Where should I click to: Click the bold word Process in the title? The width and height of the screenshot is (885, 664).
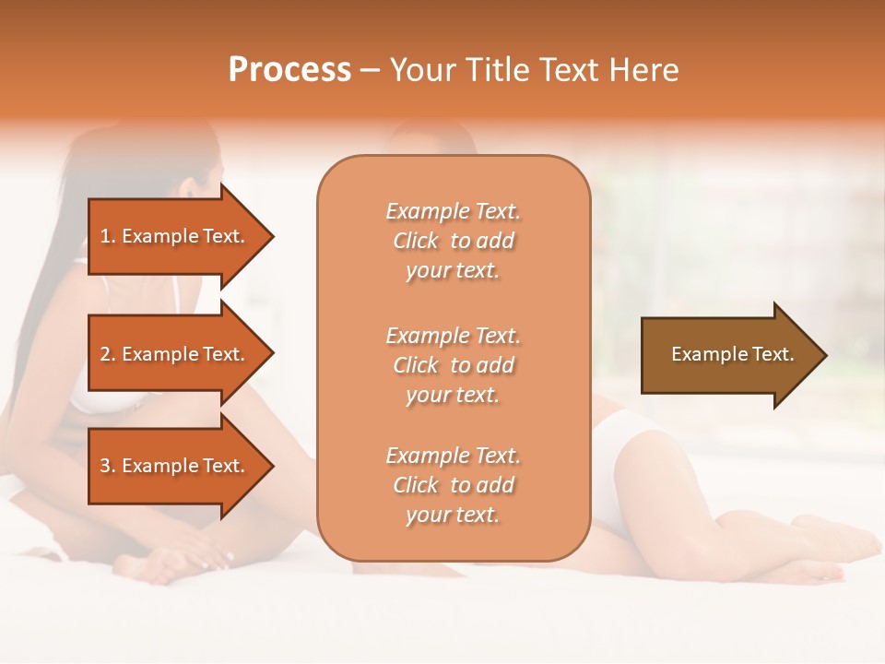pos(289,70)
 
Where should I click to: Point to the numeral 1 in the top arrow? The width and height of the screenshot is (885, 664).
pos(105,236)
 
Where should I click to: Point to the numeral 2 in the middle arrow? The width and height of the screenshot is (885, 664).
pos(105,354)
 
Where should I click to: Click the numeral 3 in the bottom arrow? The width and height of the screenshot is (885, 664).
pos(105,466)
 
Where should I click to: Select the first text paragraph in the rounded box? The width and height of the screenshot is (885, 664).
pos(453,241)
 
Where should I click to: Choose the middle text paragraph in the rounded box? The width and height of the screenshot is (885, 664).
pos(453,365)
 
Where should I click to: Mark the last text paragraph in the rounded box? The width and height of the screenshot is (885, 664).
pos(453,485)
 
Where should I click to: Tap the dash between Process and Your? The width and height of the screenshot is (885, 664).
pos(371,71)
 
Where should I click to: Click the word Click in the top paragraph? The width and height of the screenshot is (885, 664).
pos(416,241)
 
